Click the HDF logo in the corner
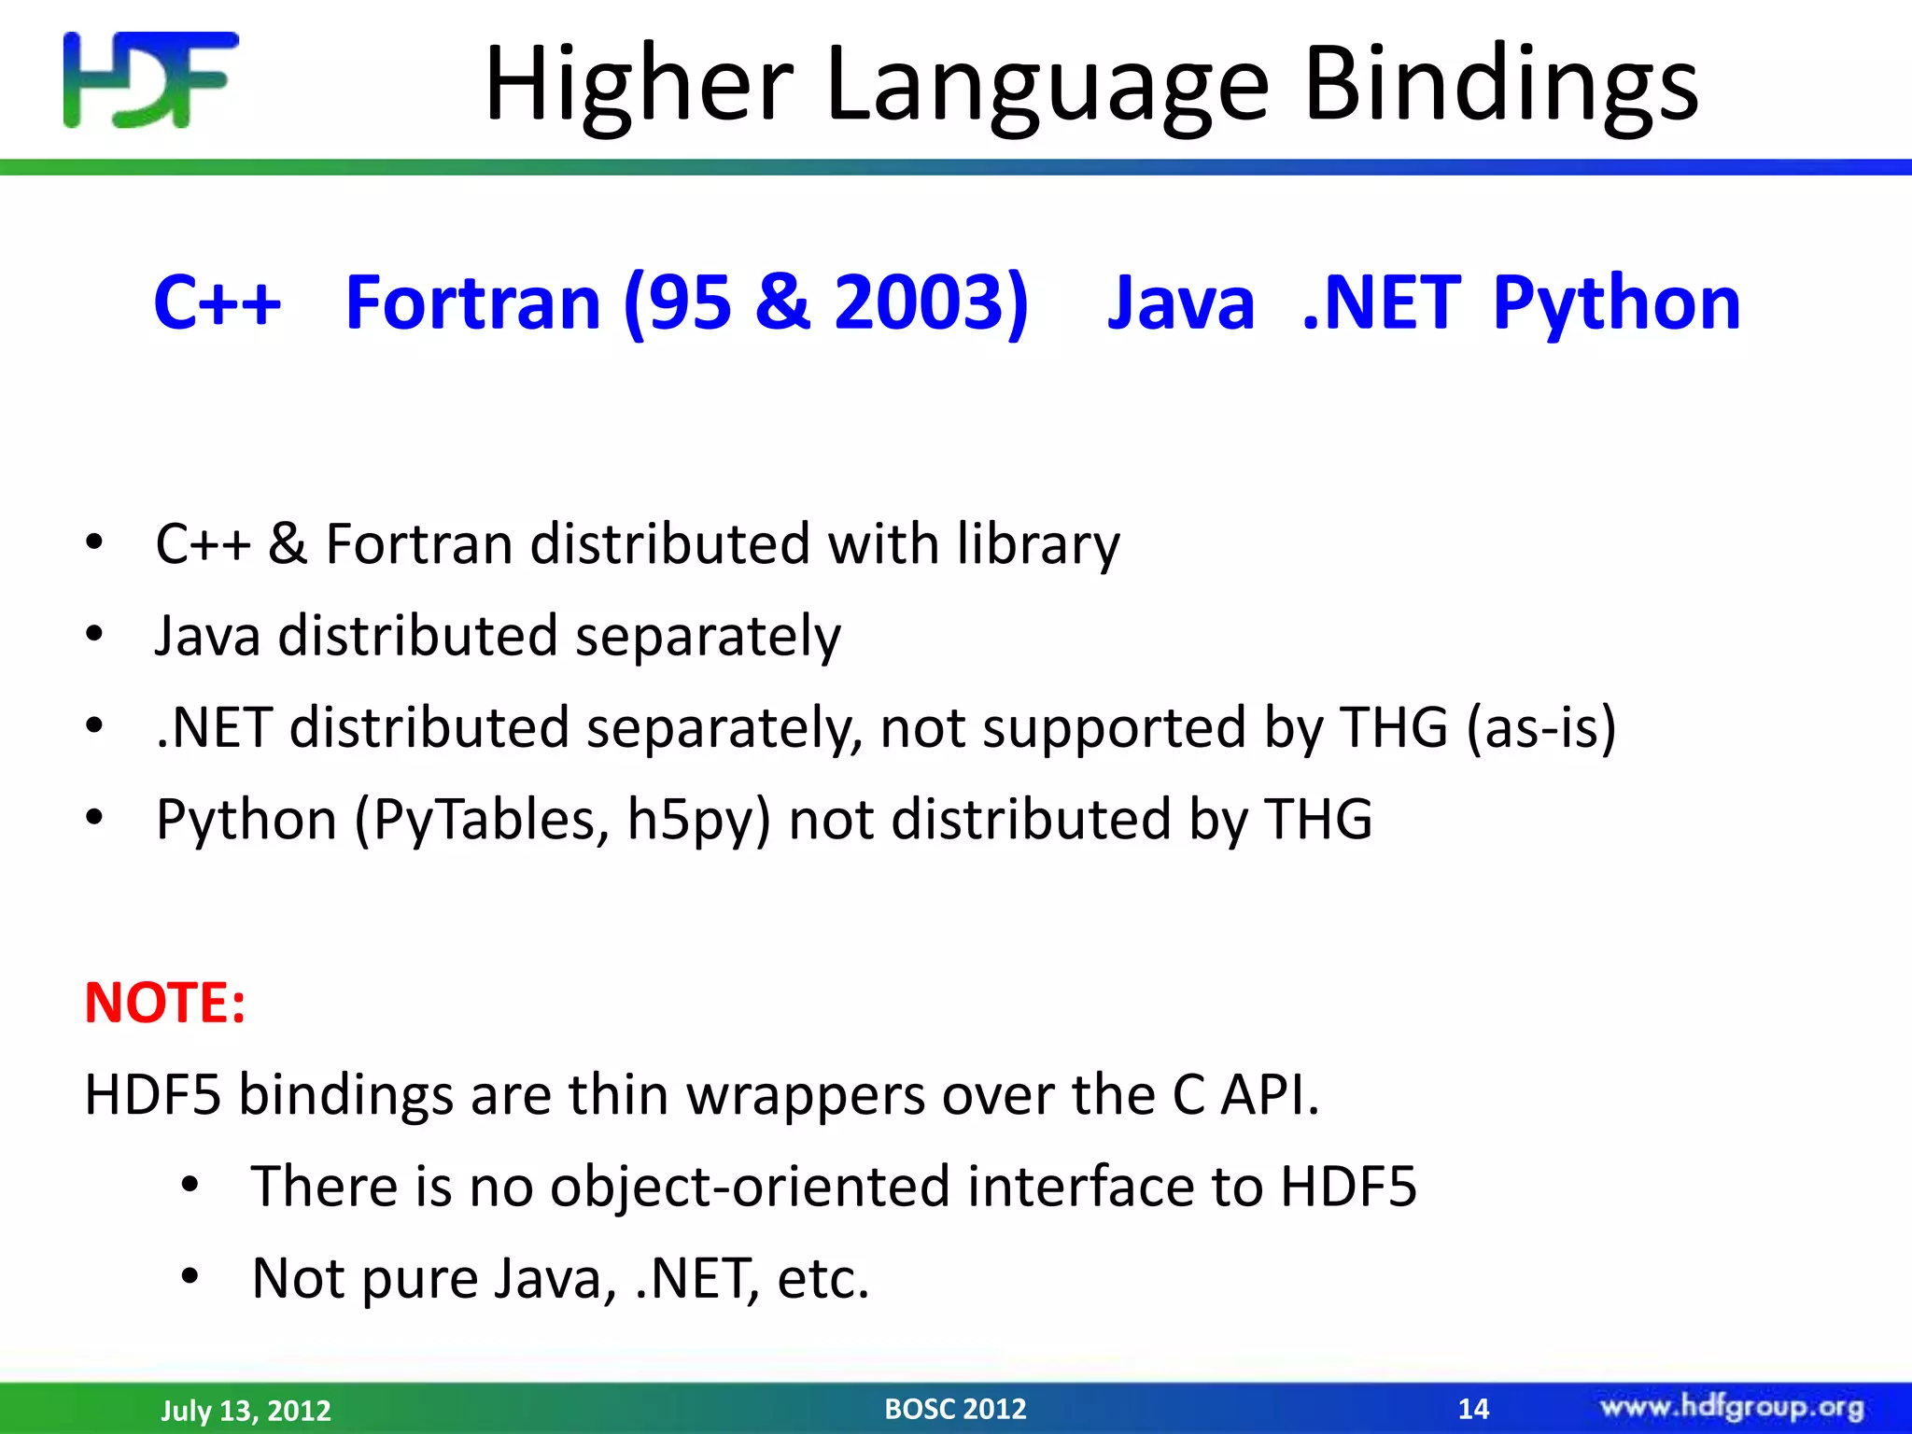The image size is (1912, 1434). [x=150, y=80]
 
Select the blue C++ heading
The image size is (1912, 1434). [x=218, y=302]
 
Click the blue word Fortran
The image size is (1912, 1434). [x=472, y=302]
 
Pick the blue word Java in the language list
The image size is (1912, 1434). [x=1181, y=302]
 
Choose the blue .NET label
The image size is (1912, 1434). [x=1381, y=302]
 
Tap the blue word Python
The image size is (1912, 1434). [x=1616, y=304]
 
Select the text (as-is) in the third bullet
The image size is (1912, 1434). [x=1540, y=728]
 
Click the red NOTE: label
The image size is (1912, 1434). [x=165, y=1003]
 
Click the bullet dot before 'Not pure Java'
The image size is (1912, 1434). [x=190, y=1275]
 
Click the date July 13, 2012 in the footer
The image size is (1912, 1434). [x=246, y=1410]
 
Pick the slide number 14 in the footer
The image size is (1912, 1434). [x=1473, y=1409]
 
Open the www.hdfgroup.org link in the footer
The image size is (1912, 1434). [x=1732, y=1407]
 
